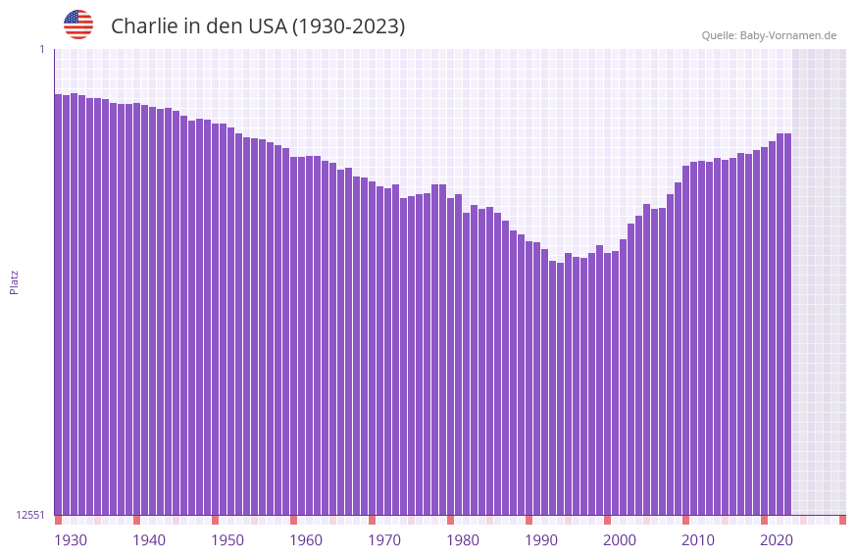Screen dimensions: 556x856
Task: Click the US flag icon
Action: [78, 25]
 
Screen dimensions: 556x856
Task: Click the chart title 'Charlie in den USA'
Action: [257, 26]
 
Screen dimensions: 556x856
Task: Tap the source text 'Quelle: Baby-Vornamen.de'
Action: [769, 35]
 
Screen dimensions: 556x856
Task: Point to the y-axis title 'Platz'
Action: [14, 281]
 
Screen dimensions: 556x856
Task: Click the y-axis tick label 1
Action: [41, 49]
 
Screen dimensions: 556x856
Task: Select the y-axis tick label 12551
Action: [29, 515]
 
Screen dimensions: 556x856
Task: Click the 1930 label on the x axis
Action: [71, 540]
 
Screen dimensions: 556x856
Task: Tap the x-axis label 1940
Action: [149, 540]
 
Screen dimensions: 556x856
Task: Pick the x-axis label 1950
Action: [227, 540]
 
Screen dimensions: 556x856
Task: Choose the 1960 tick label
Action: [306, 540]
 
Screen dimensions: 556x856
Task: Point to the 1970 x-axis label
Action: [384, 540]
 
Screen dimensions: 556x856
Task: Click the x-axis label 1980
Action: [463, 540]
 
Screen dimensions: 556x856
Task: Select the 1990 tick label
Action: [541, 540]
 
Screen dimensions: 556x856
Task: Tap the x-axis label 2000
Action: [620, 540]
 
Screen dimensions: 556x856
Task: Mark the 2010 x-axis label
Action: [698, 540]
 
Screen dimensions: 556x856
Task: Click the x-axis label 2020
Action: [777, 540]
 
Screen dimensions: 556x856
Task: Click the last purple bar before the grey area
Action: [787, 324]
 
